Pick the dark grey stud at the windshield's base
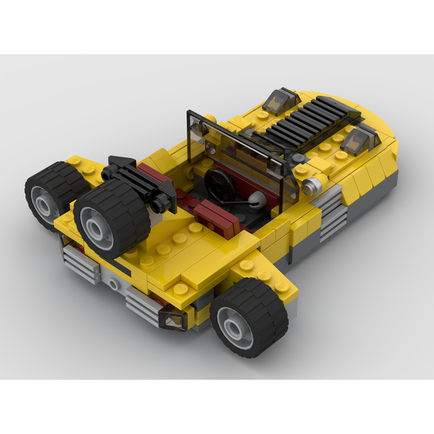[298, 158]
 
